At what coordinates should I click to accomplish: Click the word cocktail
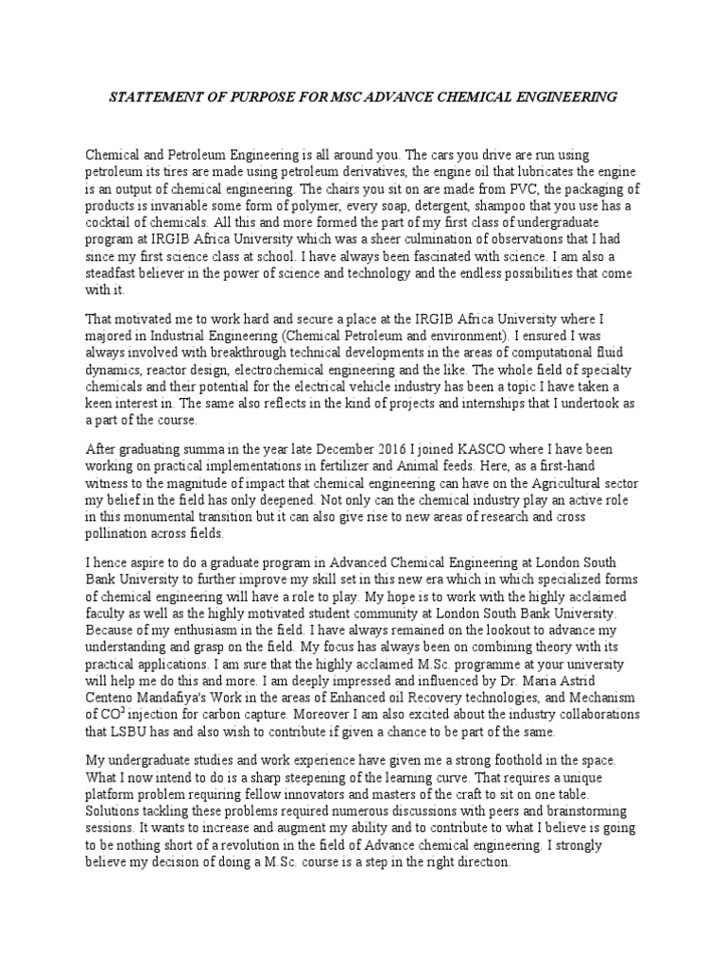tap(112, 223)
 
